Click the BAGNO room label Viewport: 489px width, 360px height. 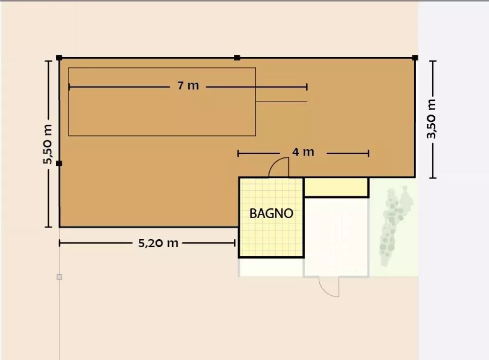271,214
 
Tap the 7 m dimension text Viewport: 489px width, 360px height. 188,86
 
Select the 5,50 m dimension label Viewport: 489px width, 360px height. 48,144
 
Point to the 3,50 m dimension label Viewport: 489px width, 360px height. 432,119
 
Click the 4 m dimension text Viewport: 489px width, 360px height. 303,152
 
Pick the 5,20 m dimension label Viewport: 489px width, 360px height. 158,243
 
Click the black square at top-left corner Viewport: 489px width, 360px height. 59,58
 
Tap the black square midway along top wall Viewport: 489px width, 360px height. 237,58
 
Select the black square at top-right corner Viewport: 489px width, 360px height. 415,58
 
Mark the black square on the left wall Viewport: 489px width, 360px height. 59,163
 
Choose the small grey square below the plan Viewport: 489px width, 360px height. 59,277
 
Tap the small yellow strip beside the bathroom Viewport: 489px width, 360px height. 336,187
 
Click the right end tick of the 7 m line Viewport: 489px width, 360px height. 307,87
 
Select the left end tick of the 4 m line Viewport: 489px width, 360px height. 238,154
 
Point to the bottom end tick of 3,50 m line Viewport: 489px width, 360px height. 433,178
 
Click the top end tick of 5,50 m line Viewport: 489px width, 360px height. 48,61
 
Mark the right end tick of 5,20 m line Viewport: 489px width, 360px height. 235,243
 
